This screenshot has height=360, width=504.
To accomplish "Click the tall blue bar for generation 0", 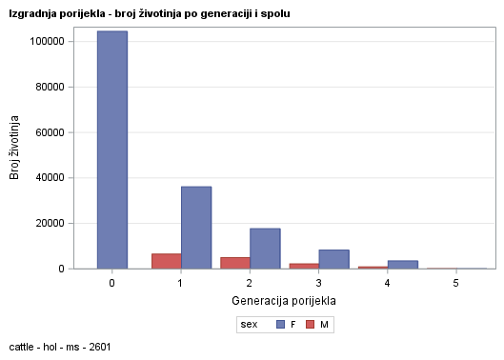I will pyautogui.click(x=111, y=150).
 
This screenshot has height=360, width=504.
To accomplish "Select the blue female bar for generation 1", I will pyautogui.click(x=196, y=228).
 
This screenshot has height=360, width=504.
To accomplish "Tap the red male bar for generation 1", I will pyautogui.click(x=167, y=261).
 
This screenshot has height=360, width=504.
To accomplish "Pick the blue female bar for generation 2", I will pyautogui.click(x=265, y=249).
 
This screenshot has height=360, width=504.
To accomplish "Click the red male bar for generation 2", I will pyautogui.click(x=235, y=263).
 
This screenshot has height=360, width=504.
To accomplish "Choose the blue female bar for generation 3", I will pyautogui.click(x=333, y=259).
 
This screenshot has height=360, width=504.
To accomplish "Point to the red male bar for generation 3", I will pyautogui.click(x=304, y=266).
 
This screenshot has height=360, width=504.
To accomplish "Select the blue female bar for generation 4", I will pyautogui.click(x=403, y=264).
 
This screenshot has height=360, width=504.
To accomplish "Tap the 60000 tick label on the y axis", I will pyautogui.click(x=50, y=132).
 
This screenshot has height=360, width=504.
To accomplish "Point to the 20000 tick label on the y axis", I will pyautogui.click(x=50, y=223).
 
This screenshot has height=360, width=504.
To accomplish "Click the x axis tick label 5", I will pyautogui.click(x=456, y=284).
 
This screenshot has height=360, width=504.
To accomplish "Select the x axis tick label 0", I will pyautogui.click(x=111, y=284).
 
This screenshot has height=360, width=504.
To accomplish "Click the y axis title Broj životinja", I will pyautogui.click(x=15, y=148).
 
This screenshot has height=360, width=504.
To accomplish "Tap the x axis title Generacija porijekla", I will pyautogui.click(x=284, y=301).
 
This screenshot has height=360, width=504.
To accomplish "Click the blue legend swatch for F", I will pyautogui.click(x=281, y=325).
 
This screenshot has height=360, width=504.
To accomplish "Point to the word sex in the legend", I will pyautogui.click(x=249, y=325).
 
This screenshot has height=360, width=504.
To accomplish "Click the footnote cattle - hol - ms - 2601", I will pyautogui.click(x=59, y=347).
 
